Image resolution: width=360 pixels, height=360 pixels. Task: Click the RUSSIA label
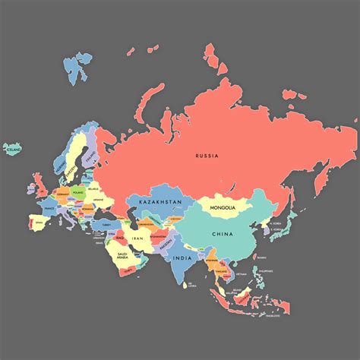click(x=207, y=156)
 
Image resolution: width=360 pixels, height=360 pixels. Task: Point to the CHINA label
click(x=223, y=234)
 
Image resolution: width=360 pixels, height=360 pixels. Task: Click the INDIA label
click(x=182, y=257)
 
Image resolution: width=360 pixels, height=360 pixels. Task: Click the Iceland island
click(x=12, y=150)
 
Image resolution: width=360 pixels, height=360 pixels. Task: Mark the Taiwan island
click(x=261, y=251)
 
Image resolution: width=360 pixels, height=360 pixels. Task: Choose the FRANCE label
click(x=49, y=206)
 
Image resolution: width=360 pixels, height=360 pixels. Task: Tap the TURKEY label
click(x=106, y=225)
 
